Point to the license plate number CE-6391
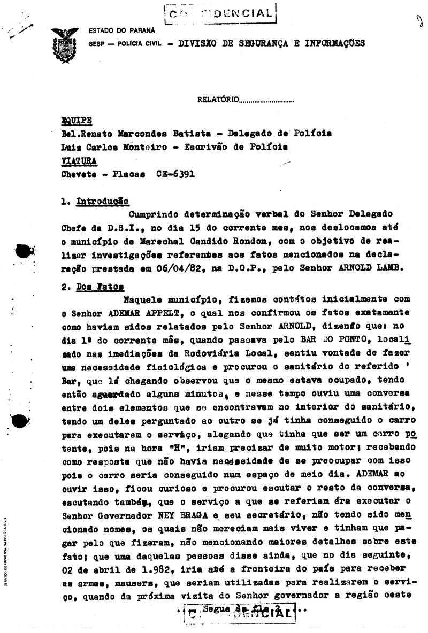pos(175,173)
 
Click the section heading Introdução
pos(102,202)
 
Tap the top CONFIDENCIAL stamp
pos(219,13)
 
